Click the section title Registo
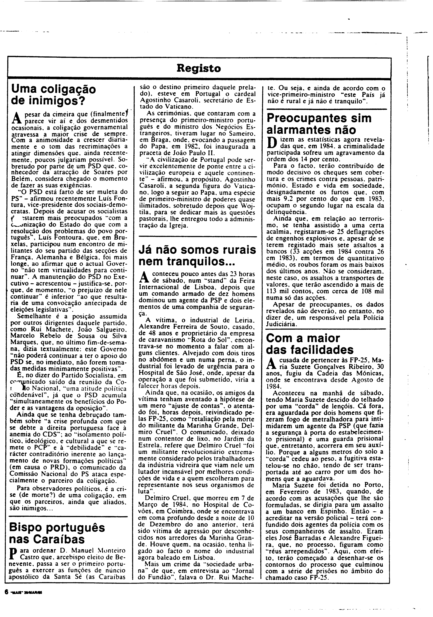[x=199, y=69]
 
